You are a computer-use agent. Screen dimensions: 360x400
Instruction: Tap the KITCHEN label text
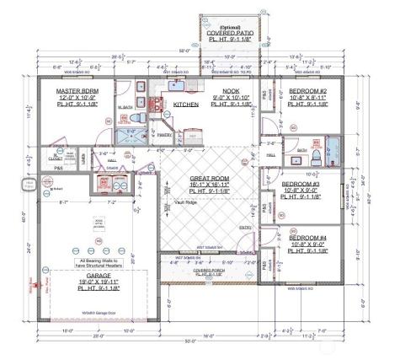[186, 105]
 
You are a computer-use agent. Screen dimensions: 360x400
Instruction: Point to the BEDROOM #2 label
[309, 90]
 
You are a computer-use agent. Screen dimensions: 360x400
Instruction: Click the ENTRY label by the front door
[246, 228]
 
